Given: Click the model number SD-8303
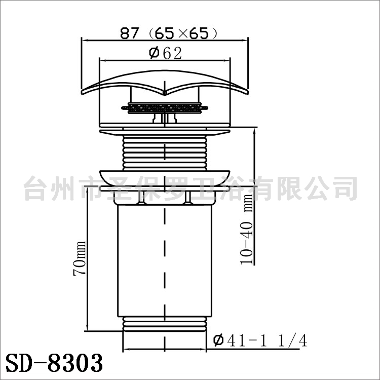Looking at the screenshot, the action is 54,363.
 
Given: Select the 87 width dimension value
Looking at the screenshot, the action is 130,33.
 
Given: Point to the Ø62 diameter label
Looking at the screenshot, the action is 165,53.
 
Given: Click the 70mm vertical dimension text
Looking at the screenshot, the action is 80,258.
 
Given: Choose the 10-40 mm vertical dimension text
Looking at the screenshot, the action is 246,229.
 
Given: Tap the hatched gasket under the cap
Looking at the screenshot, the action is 165,108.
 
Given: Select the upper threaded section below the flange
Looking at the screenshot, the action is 165,153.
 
